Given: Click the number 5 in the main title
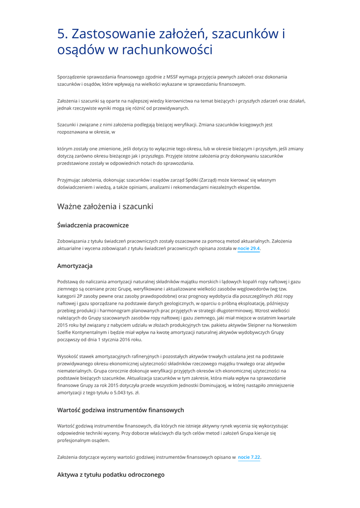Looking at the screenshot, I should [62, 34].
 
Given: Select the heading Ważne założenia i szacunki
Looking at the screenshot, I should [105, 206].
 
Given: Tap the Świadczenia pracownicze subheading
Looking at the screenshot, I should [93, 225].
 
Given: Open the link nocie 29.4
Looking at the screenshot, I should [248, 249].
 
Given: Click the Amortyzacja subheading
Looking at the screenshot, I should [74, 266].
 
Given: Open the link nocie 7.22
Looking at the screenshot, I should [249, 457].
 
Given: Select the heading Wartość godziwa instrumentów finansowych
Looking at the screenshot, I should [121, 410].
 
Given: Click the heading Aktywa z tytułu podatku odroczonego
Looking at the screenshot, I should [111, 475].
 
